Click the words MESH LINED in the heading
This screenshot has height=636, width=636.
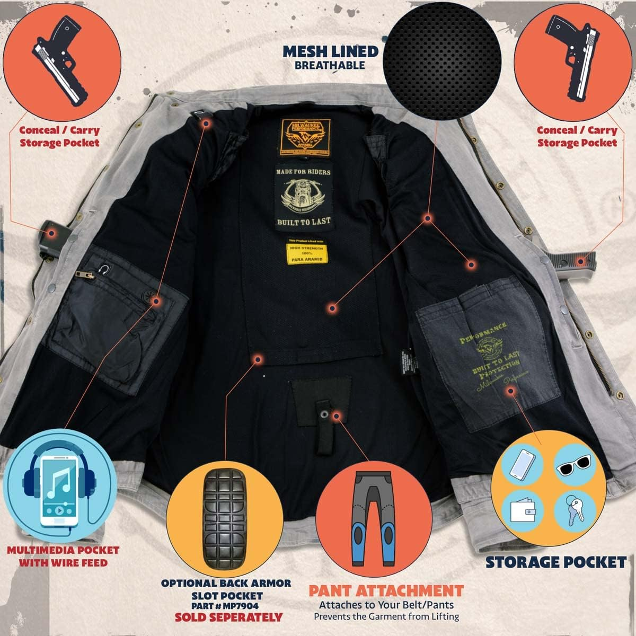coord(330,51)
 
